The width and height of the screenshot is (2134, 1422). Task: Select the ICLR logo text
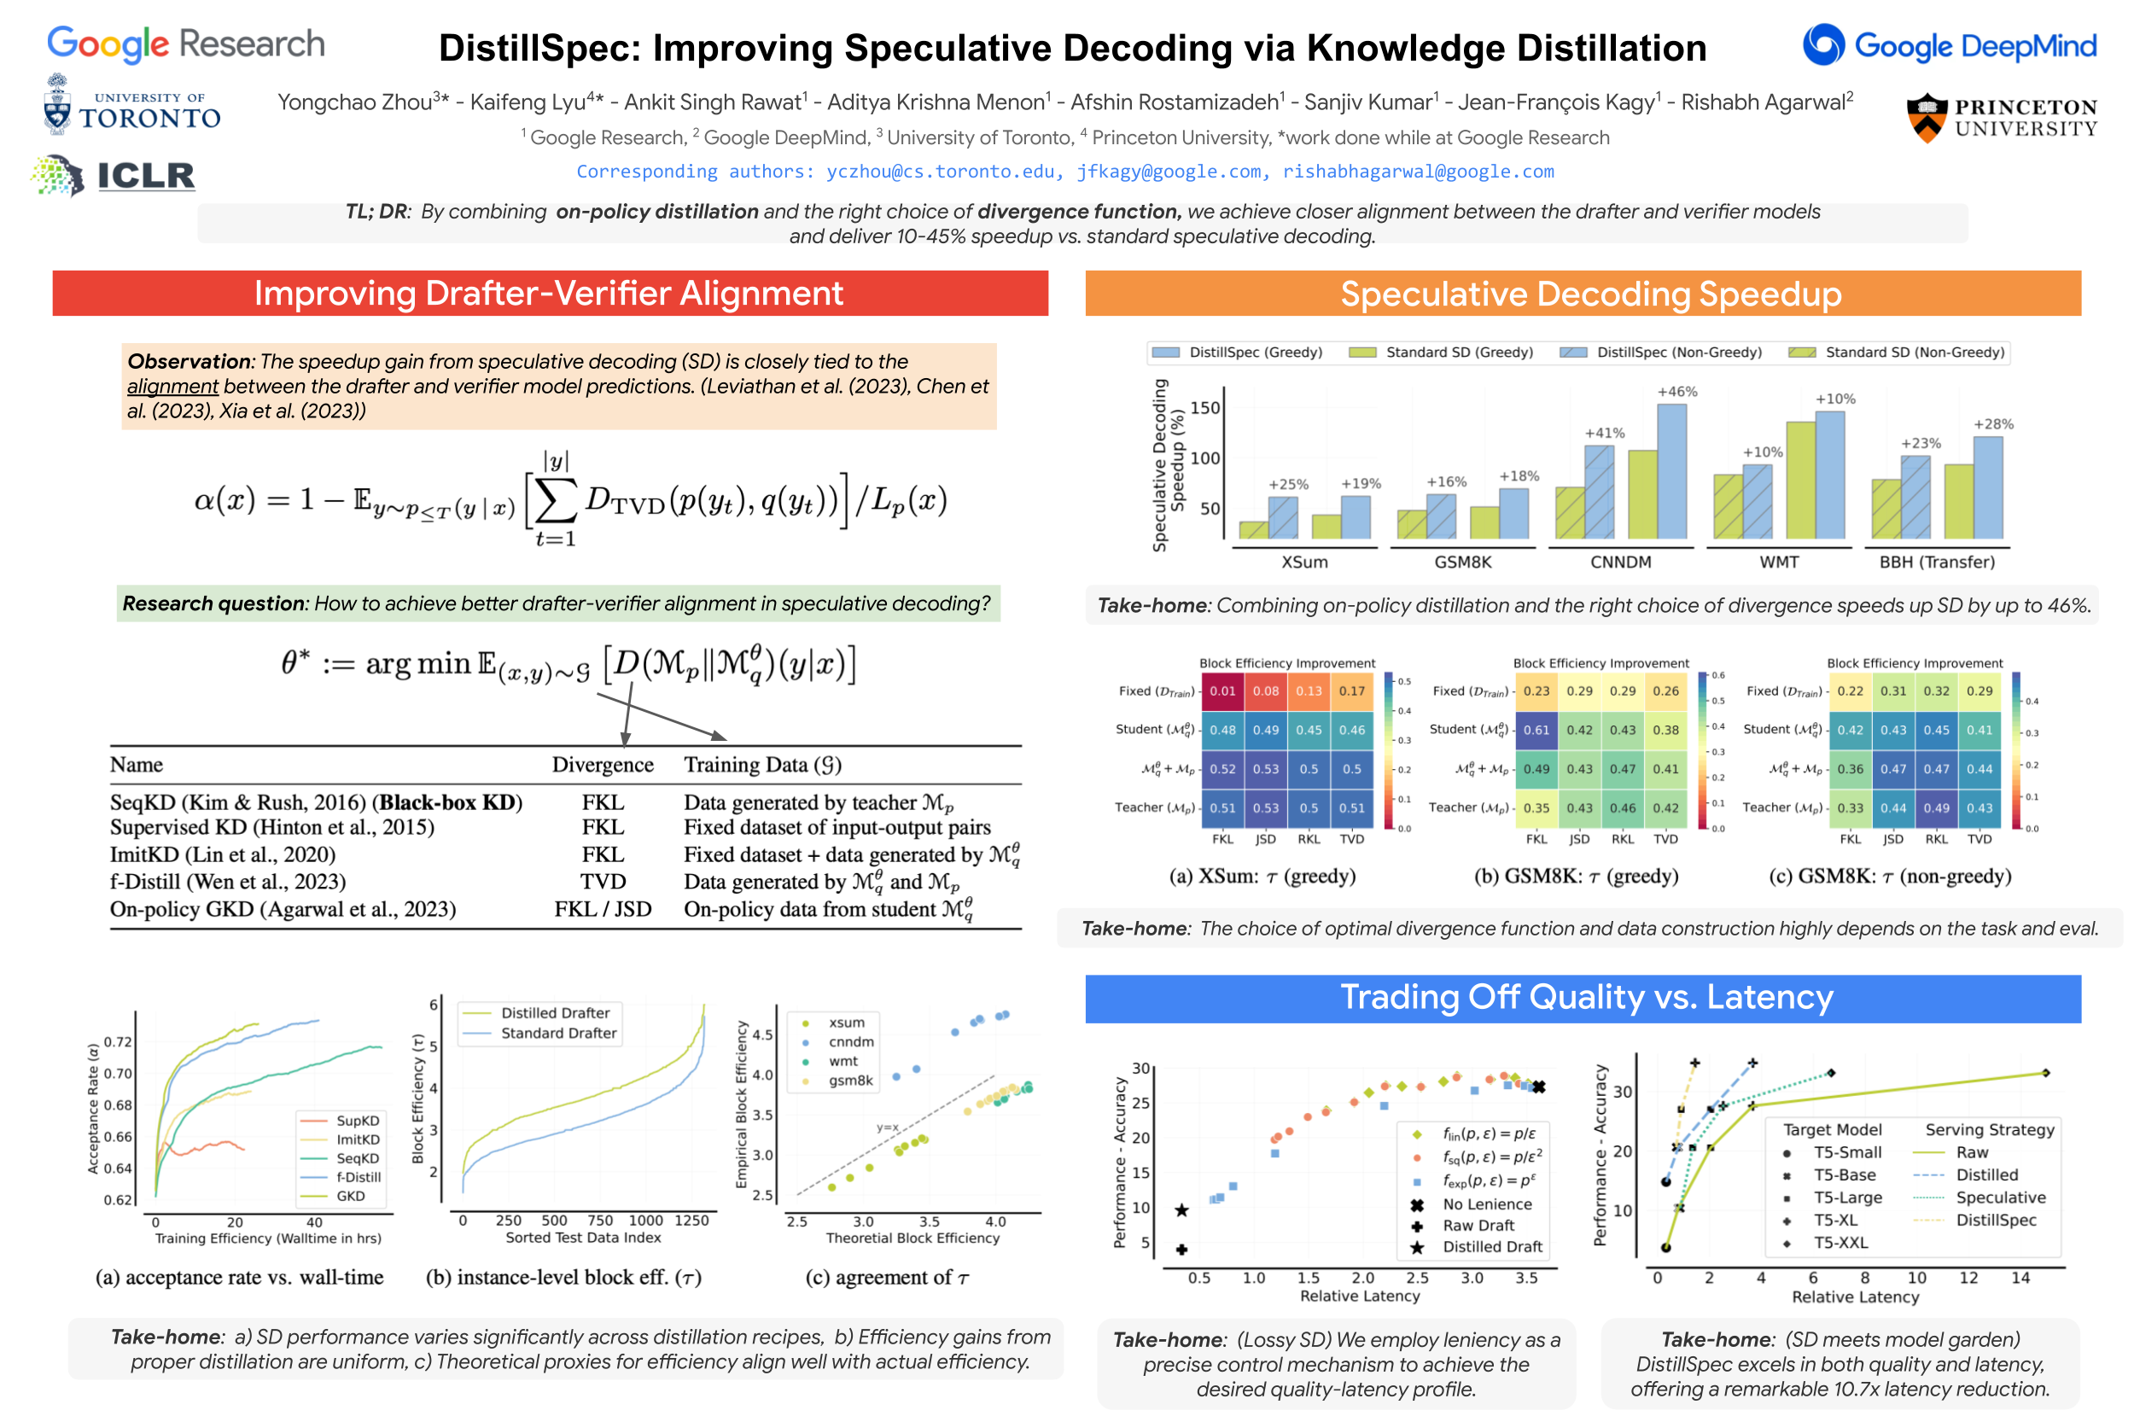pos(145,176)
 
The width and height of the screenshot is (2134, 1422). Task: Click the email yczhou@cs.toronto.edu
pos(941,172)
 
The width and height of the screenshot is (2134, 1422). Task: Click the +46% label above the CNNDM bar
pos(1675,392)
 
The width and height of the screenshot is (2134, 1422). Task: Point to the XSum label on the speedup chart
pos(1303,562)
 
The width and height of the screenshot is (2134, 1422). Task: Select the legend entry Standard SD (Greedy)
pos(1457,352)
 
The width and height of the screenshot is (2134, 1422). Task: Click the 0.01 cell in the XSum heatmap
pos(1222,691)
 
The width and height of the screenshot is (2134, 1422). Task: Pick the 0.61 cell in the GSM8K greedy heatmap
pos(1536,730)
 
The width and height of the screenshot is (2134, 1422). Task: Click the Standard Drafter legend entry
pos(557,1033)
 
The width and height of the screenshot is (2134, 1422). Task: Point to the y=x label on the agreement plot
pos(887,1128)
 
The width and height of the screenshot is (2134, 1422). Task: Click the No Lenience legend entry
pos(1485,1204)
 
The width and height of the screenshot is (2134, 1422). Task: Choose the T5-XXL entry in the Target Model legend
pos(1840,1243)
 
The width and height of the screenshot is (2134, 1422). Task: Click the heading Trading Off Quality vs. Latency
pos(1585,997)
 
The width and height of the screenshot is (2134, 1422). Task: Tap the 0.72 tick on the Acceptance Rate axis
pos(118,1042)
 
